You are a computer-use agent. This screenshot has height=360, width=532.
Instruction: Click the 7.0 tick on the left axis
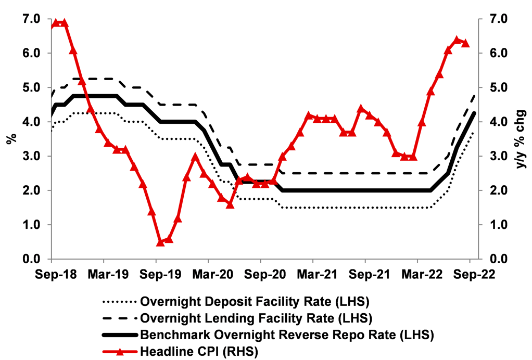tap(30, 19)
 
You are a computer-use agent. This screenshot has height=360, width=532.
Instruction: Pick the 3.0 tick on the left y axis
tap(30, 156)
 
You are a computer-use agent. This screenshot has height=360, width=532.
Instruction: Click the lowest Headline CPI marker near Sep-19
tap(160, 242)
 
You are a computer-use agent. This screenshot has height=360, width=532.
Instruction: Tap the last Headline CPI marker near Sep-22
tap(465, 43)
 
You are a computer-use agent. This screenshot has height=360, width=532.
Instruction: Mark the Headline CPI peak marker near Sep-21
tap(361, 109)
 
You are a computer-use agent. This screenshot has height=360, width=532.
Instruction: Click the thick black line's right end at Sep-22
tap(474, 113)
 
